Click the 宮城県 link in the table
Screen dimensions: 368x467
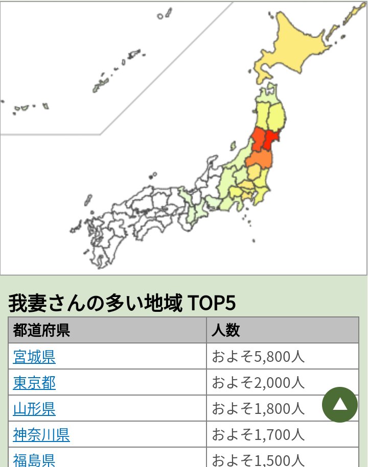[x=34, y=356]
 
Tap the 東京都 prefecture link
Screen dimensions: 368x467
[x=34, y=382]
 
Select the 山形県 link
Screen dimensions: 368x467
[x=34, y=408]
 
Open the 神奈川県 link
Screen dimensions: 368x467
[x=41, y=434]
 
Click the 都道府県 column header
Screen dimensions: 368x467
[x=42, y=330]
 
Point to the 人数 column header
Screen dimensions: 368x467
[x=225, y=330]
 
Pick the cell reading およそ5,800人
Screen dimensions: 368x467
[x=258, y=356]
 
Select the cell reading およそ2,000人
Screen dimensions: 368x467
[x=258, y=382]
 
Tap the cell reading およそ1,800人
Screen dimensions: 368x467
[x=258, y=408]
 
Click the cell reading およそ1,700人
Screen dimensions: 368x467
[x=258, y=434]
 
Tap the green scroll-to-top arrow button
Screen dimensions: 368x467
[x=339, y=405]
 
